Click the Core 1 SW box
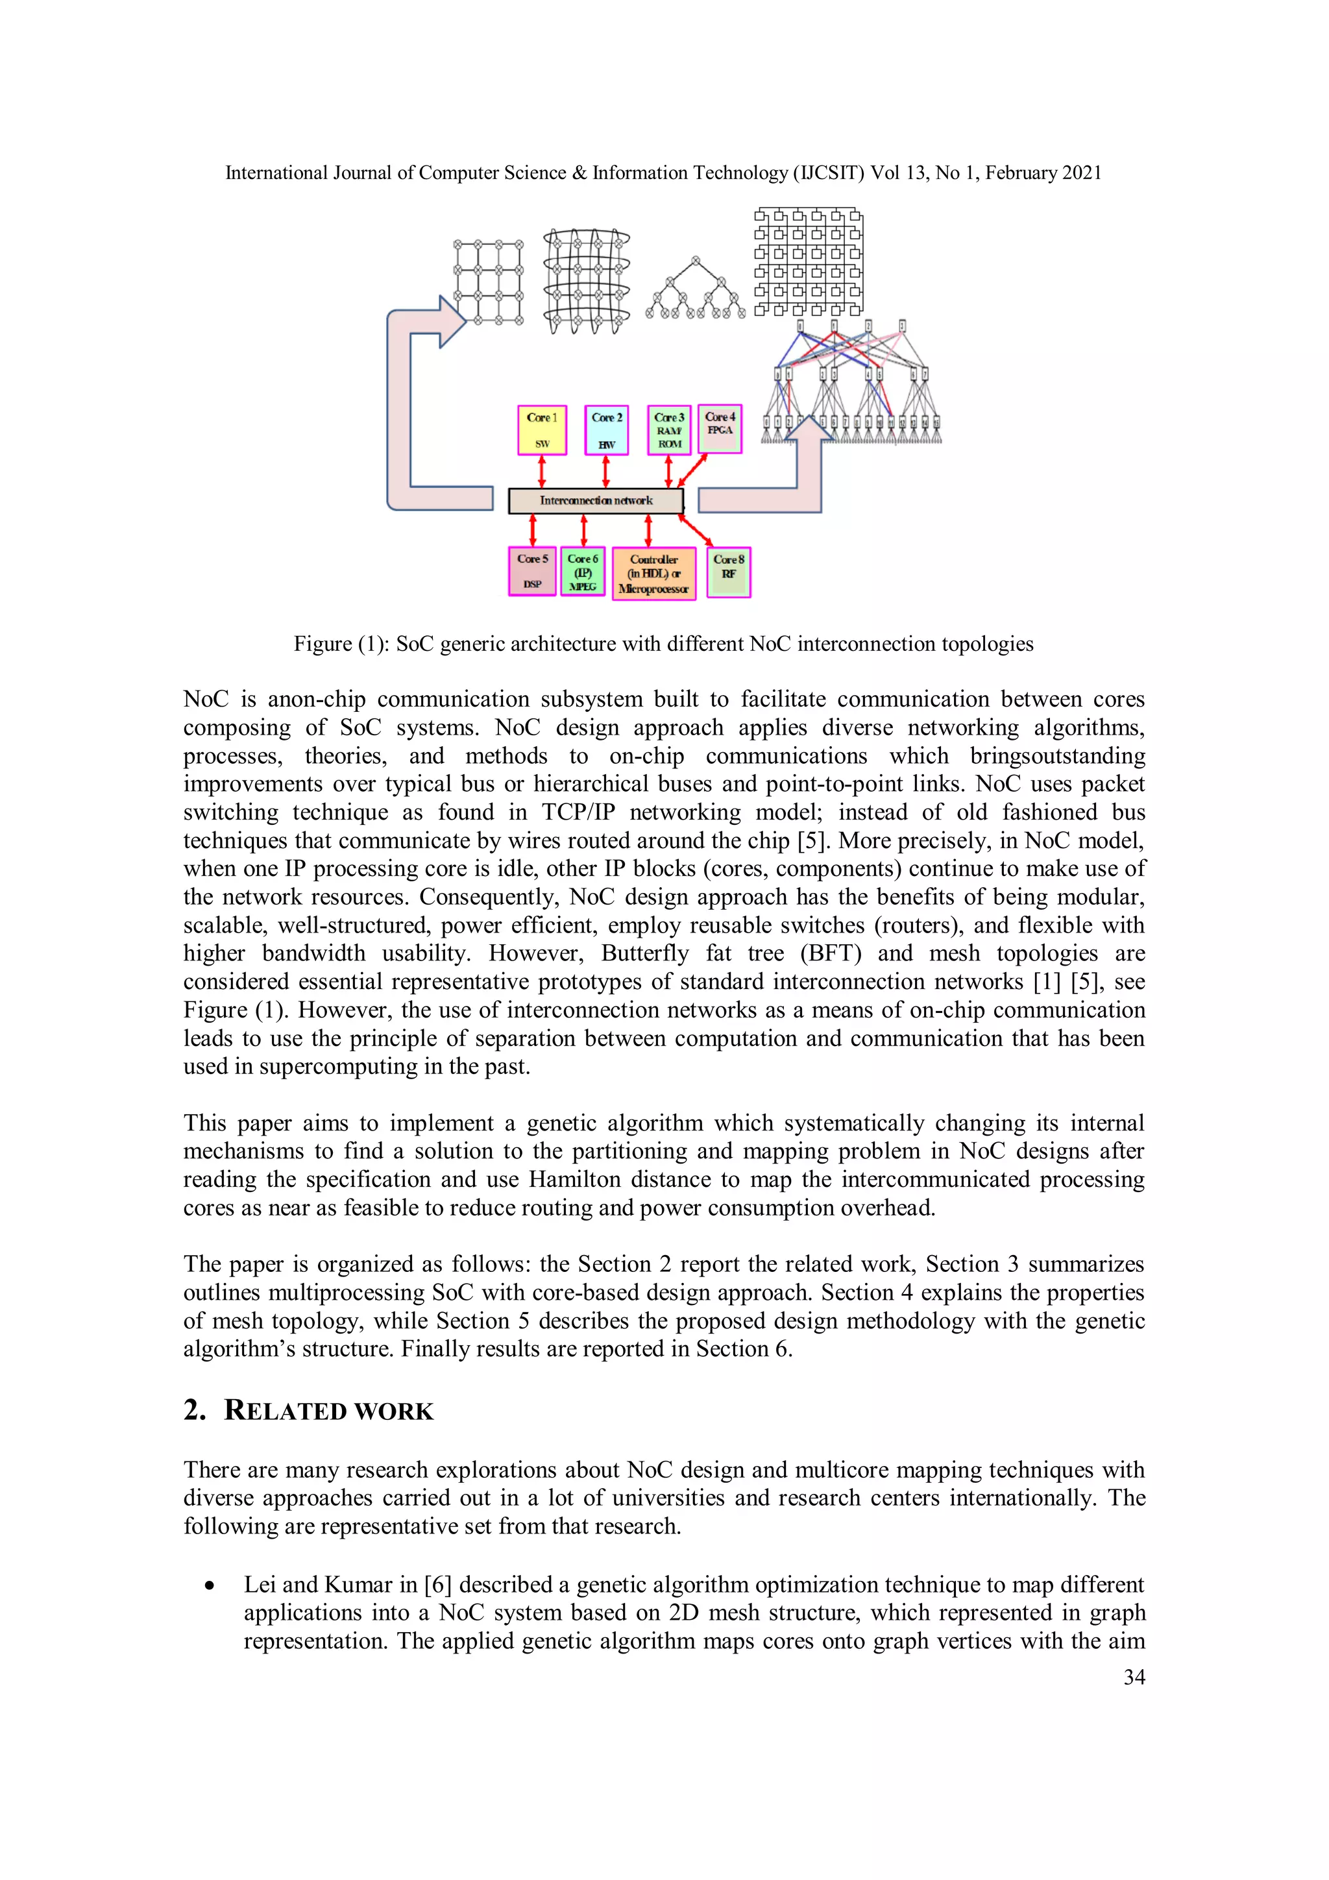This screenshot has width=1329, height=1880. point(542,430)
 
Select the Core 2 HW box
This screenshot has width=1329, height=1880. point(607,430)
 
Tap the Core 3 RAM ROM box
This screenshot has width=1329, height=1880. point(669,430)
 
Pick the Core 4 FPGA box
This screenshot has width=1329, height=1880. point(720,428)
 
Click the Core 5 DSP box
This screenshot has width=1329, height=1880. point(532,570)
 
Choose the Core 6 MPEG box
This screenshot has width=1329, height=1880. point(583,570)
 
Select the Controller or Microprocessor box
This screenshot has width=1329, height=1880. point(653,573)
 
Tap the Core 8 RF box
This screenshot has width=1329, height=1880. point(729,572)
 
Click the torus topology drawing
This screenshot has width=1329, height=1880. point(586,281)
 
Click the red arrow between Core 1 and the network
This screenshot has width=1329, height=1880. point(541,472)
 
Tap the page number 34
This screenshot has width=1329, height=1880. point(1133,1677)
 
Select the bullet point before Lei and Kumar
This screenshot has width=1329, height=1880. point(210,1586)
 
